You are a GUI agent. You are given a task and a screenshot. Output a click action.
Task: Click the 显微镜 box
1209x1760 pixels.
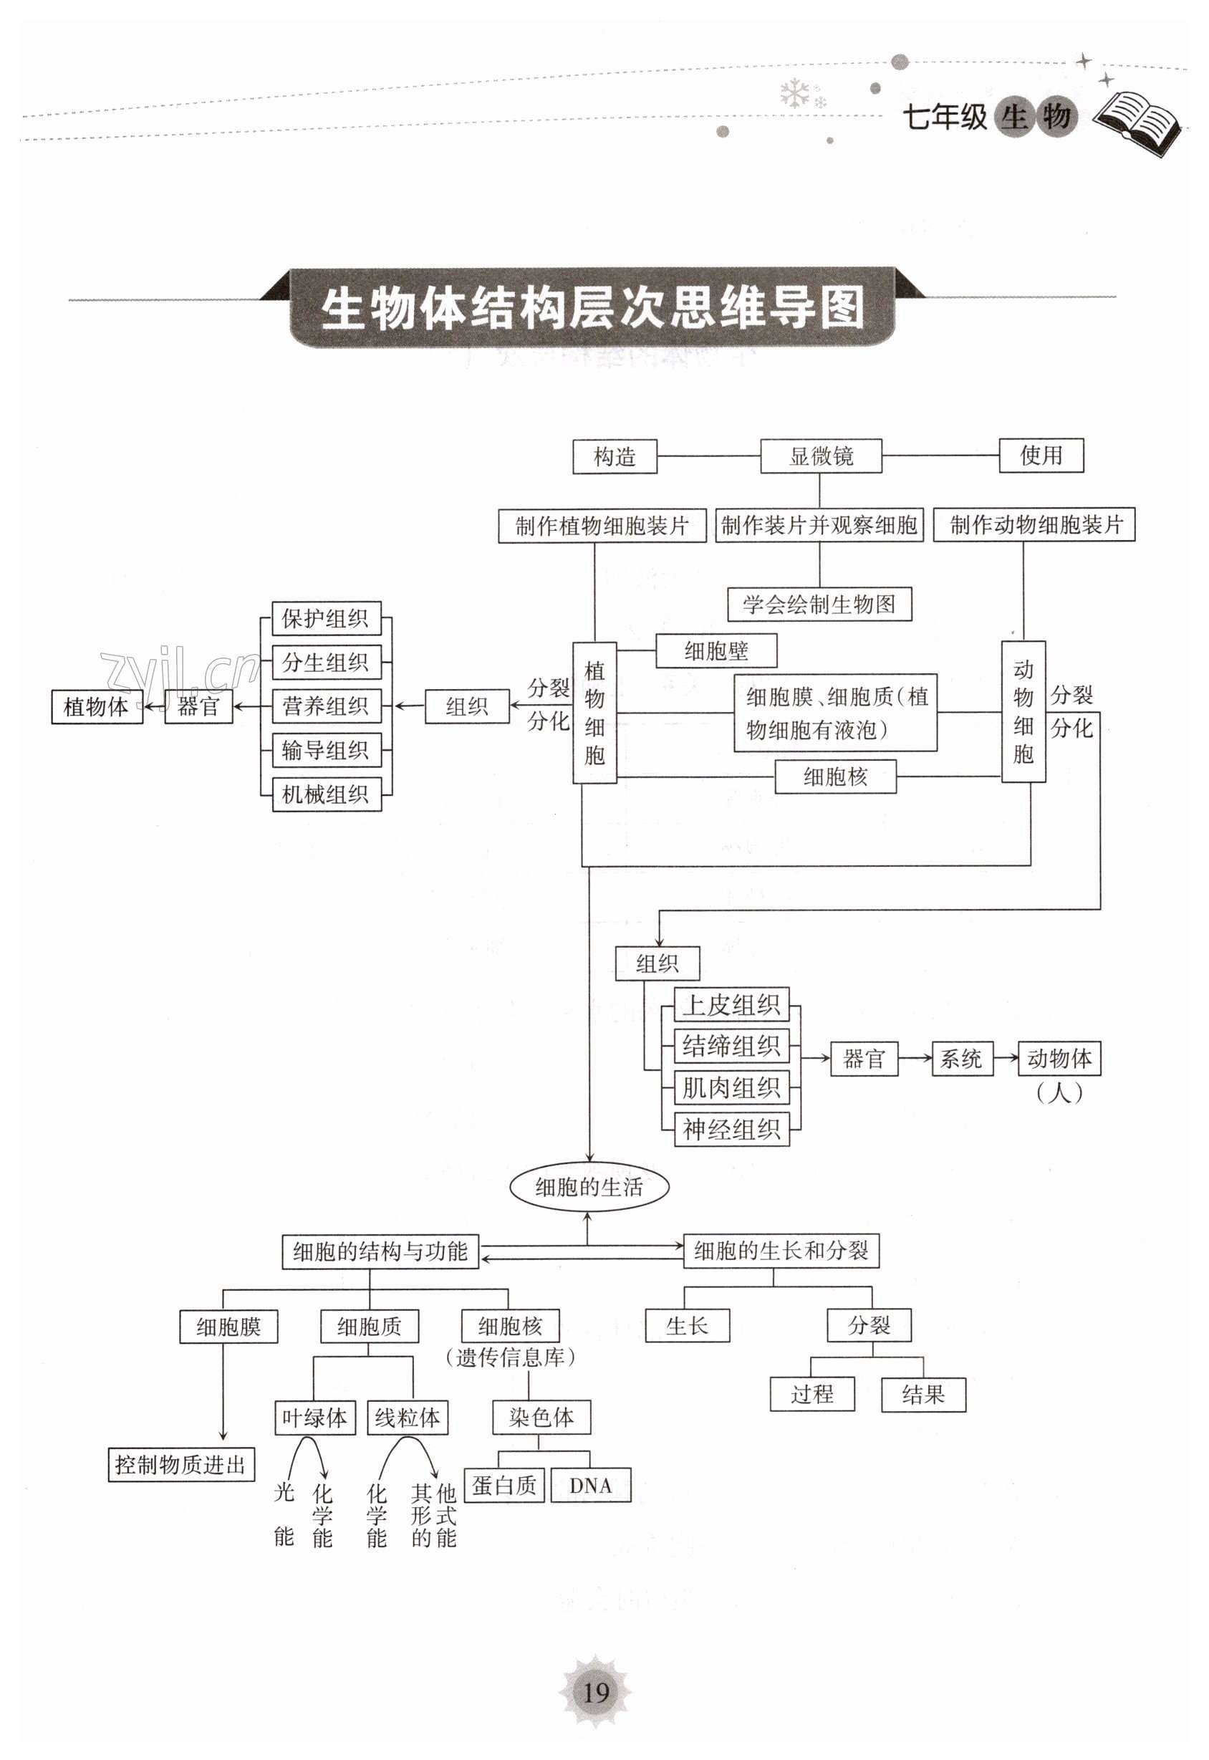coord(821,456)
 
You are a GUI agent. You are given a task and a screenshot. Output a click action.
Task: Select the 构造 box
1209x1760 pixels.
coord(615,457)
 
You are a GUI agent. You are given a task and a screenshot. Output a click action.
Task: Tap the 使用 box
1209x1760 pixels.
coord(1041,456)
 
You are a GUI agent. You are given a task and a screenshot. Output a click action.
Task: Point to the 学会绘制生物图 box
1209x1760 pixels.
coord(819,604)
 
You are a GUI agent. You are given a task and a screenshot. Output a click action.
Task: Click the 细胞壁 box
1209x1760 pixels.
coord(716,651)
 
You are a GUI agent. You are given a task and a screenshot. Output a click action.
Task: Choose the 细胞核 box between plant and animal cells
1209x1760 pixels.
coord(835,776)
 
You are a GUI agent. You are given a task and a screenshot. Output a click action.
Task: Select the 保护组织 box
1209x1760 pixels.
coord(327,619)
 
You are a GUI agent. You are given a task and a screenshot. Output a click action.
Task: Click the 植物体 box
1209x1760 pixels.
coord(97,707)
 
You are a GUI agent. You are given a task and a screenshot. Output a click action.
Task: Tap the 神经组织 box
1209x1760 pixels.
coord(731,1129)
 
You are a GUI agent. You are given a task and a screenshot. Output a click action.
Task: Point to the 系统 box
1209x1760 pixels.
coord(961,1059)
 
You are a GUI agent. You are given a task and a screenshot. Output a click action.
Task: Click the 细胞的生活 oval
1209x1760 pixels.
coord(589,1187)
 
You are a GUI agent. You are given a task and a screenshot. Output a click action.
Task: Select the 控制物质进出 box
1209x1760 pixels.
coord(181,1465)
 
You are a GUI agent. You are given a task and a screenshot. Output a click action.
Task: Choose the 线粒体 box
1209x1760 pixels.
coord(408,1418)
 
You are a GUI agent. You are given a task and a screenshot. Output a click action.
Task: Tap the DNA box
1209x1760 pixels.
coord(591,1486)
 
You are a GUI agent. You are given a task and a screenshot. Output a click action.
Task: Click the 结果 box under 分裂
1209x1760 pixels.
coord(923,1394)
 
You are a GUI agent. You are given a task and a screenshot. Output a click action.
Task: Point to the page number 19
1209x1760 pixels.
coord(596,1693)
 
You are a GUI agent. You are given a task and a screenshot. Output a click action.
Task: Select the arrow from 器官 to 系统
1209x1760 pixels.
coord(915,1059)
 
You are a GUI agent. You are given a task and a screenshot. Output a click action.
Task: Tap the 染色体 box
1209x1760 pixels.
coord(541,1417)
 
